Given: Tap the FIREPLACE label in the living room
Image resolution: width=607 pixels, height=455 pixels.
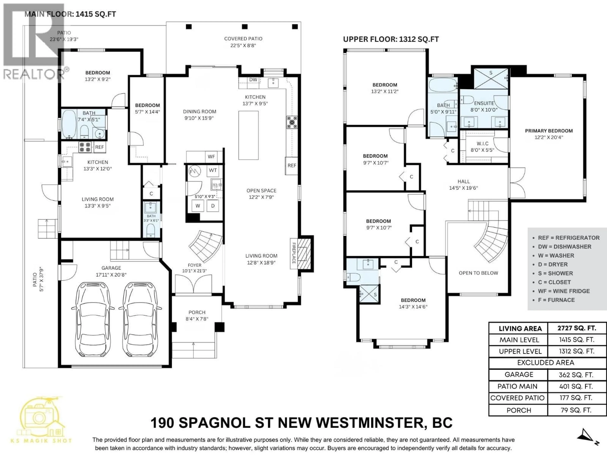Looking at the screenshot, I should pos(294,253).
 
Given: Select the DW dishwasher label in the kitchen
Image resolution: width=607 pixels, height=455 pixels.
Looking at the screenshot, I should pos(253,80).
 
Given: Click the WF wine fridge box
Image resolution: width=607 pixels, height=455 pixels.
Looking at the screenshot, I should pos(211,157).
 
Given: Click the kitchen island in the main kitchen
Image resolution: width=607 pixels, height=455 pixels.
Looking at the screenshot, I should pos(248,135).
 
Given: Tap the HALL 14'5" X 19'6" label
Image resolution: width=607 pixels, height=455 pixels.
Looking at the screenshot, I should pos(463,185).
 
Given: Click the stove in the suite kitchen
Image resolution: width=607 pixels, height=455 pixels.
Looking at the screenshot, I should pos(85,147).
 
